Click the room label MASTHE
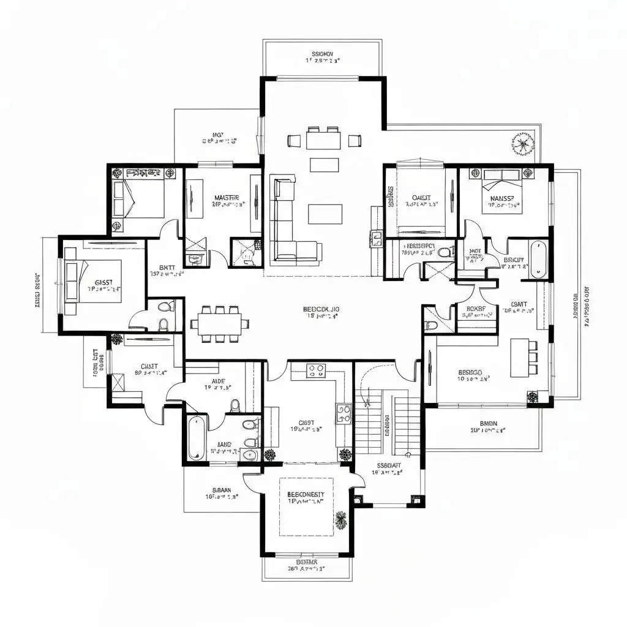click(226, 198)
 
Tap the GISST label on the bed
click(103, 282)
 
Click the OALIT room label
click(421, 198)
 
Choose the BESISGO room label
click(470, 372)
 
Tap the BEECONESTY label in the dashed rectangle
click(306, 494)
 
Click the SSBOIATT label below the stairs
click(388, 465)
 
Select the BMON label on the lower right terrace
click(487, 423)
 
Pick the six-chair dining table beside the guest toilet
click(219, 323)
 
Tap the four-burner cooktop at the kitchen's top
click(316, 370)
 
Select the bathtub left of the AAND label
click(195, 438)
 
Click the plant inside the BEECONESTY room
click(341, 520)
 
